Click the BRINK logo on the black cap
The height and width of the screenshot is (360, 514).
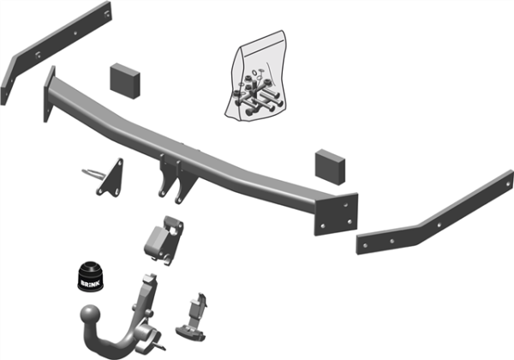(x=91, y=283)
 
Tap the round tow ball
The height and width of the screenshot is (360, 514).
(x=90, y=315)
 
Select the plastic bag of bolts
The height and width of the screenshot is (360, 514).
(x=255, y=76)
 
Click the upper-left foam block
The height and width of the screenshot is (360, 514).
(x=125, y=81)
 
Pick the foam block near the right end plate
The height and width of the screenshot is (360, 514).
(x=330, y=167)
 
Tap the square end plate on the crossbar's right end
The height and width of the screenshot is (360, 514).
(x=336, y=214)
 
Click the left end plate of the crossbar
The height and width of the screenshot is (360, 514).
(x=49, y=94)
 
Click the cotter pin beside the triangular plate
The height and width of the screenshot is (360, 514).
(x=93, y=173)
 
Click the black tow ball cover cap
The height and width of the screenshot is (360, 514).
(x=91, y=276)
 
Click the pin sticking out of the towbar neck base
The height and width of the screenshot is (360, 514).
(x=160, y=345)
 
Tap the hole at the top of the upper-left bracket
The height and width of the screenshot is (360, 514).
(x=106, y=14)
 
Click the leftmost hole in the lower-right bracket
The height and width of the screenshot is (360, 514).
(x=365, y=245)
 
